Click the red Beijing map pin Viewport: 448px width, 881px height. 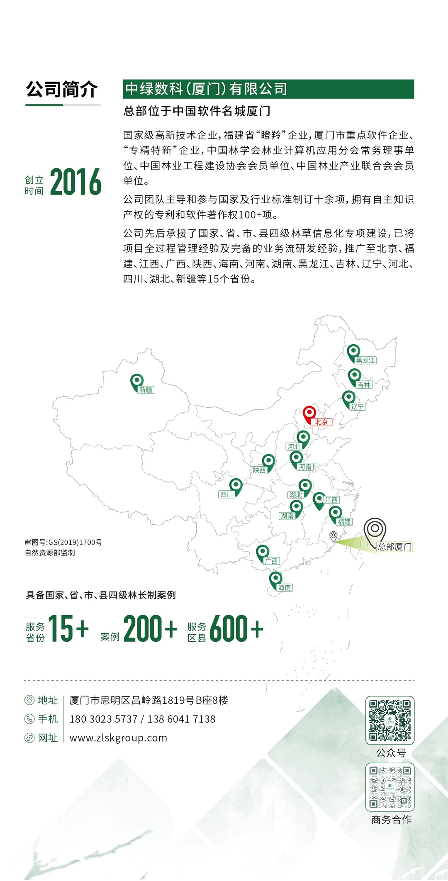click(309, 414)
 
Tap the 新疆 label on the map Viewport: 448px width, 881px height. click(146, 390)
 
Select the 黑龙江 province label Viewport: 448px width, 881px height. click(365, 360)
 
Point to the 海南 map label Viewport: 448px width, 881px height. click(285, 587)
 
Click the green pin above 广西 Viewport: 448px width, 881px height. click(262, 552)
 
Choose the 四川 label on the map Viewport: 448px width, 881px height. click(226, 494)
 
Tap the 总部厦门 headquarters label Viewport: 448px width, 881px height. click(394, 547)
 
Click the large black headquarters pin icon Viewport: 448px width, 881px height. click(375, 529)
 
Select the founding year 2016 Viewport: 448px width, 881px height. click(75, 182)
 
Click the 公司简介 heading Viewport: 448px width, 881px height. click(62, 90)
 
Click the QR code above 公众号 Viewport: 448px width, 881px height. click(390, 720)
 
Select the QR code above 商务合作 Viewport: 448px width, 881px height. click(390, 787)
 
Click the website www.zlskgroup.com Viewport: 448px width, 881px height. click(118, 738)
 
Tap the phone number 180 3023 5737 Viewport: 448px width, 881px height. click(103, 719)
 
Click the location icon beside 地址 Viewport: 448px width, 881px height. click(29, 700)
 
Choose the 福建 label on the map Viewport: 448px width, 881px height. click(344, 522)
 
